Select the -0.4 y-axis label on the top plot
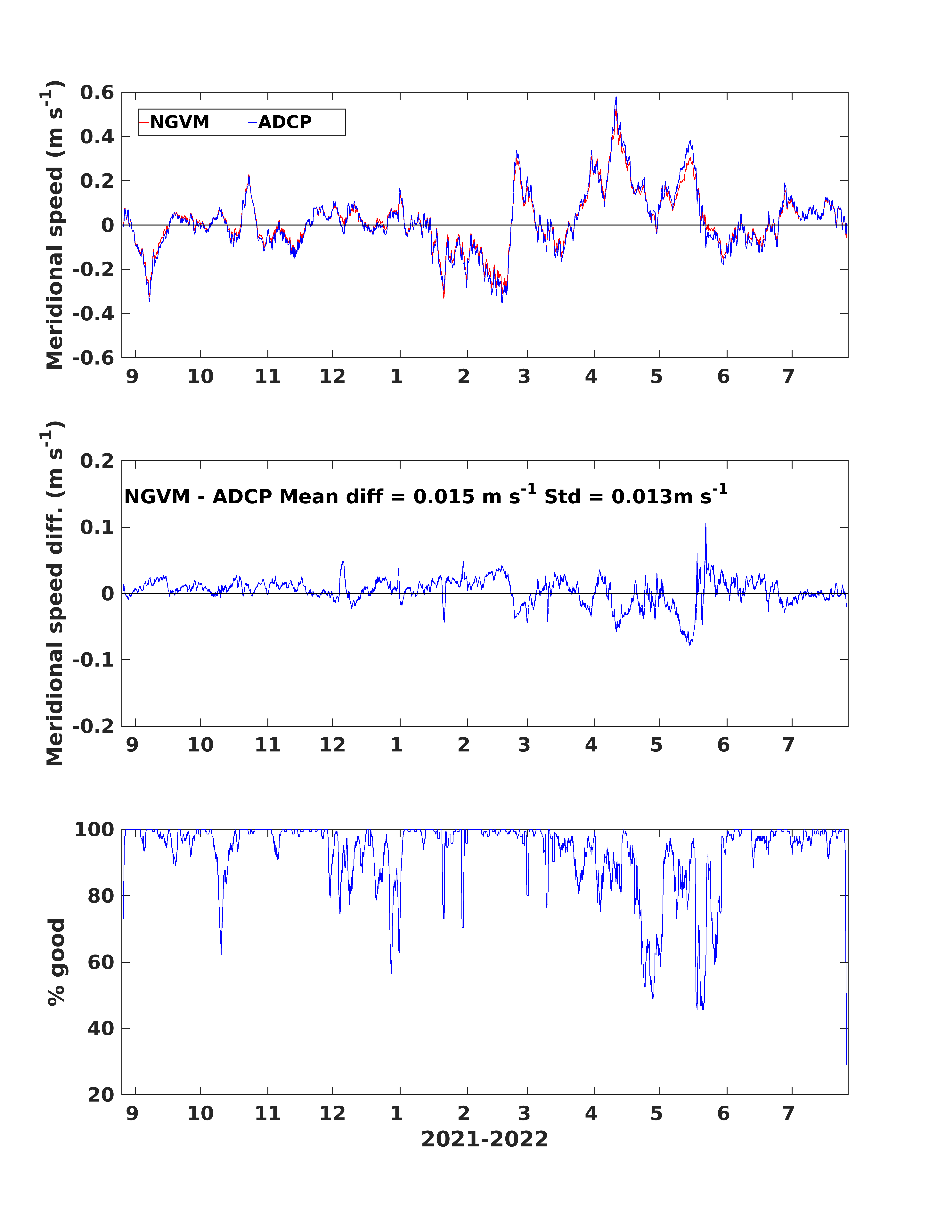(93, 314)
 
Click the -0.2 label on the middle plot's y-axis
(93, 726)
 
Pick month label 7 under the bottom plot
(788, 1113)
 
